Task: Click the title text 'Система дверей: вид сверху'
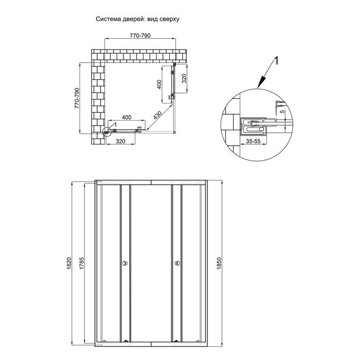[137, 19]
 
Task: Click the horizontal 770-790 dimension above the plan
[140, 35]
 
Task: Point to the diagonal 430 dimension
[158, 115]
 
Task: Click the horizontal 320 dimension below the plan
[121, 141]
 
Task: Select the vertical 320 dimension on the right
[184, 78]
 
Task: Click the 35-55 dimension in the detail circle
[253, 141]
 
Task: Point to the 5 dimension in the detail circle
[283, 111]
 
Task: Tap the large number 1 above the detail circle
[277, 61]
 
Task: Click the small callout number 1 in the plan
[115, 125]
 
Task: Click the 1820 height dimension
[70, 263]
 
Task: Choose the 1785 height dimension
[82, 263]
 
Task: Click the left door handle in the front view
[125, 263]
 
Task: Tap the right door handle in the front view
[177, 263]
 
